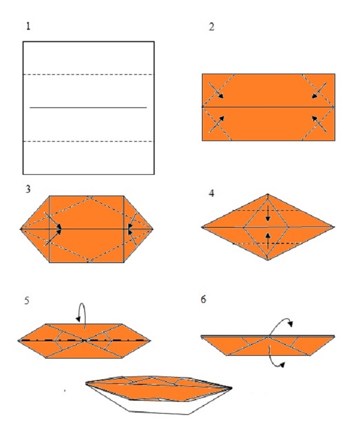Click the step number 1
28,26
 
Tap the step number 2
211,27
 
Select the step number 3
28,189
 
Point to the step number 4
211,193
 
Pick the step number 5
26,301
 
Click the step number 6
204,300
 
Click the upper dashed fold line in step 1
88,75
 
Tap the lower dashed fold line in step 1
88,142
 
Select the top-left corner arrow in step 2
217,91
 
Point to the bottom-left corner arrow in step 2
217,124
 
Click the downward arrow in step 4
268,214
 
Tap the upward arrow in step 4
268,241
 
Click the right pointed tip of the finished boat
231,388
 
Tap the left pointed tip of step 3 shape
20,229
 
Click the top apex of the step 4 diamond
268,194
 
